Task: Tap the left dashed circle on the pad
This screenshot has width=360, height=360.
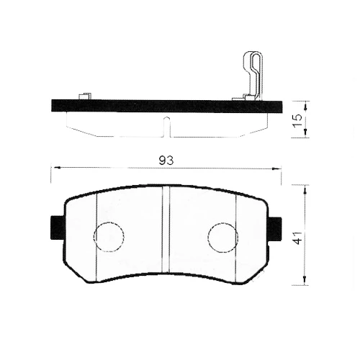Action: [x=109, y=236]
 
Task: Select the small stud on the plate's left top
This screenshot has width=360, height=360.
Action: [x=84, y=96]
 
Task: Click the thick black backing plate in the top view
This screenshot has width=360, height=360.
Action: [x=166, y=106]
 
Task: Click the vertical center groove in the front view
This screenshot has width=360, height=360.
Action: [x=166, y=230]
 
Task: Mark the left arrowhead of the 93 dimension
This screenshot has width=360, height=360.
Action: [x=53, y=168]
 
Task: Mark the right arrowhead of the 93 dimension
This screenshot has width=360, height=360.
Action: [x=279, y=168]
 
